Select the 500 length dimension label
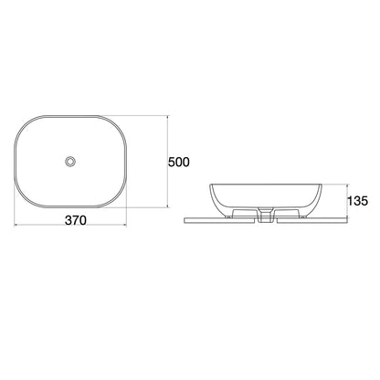[179, 163]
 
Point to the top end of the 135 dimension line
[348, 184]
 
